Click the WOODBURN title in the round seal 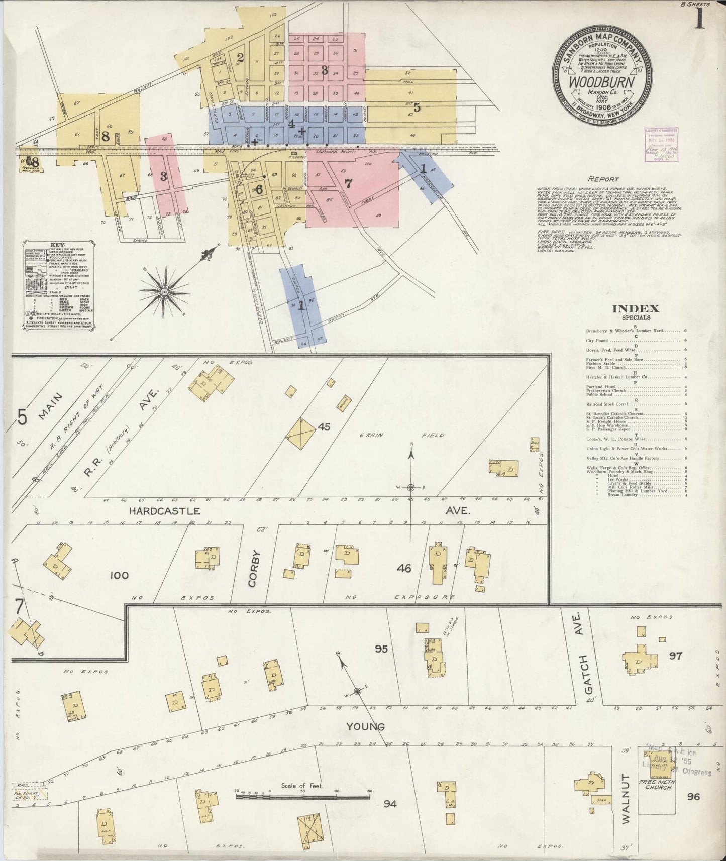(x=601, y=82)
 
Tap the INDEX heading (x=636, y=309)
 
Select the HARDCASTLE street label (x=165, y=511)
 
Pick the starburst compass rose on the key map (x=164, y=291)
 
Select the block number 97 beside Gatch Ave (x=675, y=656)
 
